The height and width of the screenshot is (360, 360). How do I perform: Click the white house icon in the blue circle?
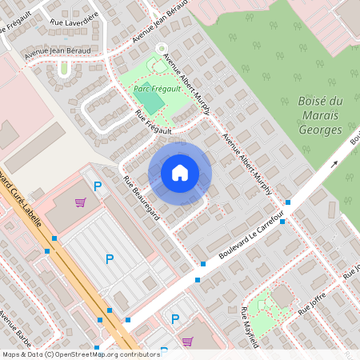(x=180, y=173)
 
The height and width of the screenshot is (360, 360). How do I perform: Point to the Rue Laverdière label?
(x=74, y=17)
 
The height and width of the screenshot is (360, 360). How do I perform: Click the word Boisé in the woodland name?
(x=320, y=101)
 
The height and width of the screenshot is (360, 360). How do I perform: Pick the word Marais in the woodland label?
(x=319, y=115)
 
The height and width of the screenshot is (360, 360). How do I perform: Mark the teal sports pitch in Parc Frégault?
(x=153, y=102)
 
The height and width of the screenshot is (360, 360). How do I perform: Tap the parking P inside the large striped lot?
(x=110, y=258)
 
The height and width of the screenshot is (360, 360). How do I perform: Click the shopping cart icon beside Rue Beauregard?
(x=80, y=202)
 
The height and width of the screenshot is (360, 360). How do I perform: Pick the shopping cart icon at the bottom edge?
(x=187, y=341)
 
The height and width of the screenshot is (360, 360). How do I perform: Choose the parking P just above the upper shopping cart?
(x=98, y=186)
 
